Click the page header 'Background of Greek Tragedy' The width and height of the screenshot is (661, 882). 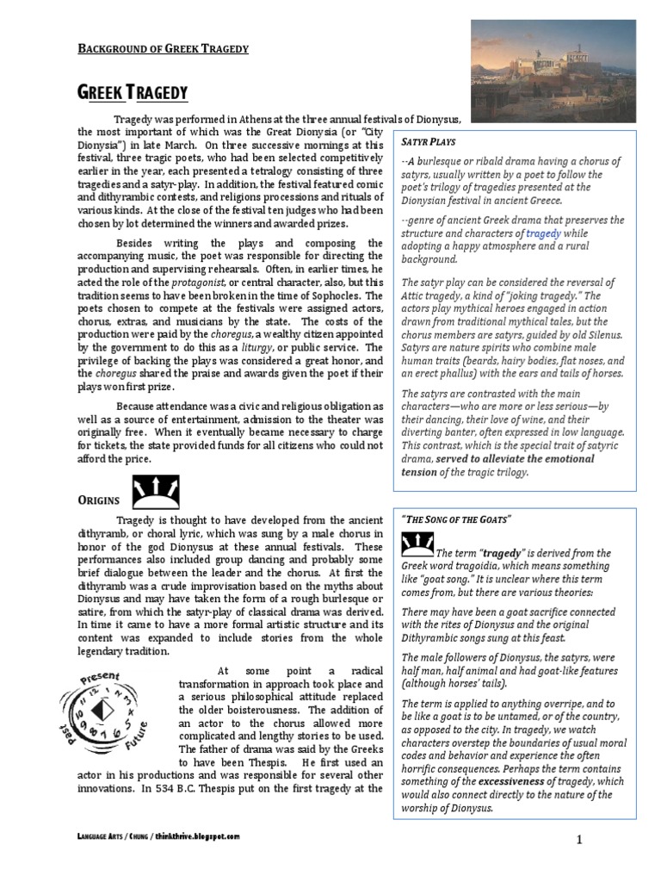click(x=164, y=48)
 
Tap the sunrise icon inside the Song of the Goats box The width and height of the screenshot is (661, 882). click(x=417, y=544)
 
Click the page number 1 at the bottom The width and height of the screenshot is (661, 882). click(x=605, y=838)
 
